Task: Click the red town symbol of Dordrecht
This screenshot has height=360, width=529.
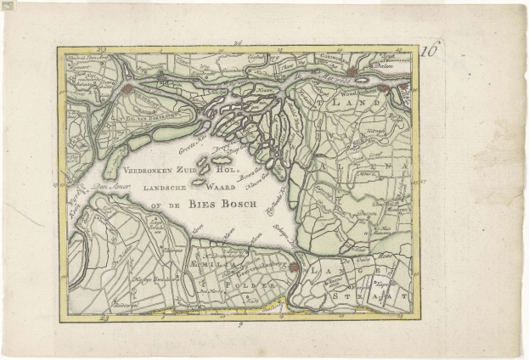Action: pos(127,87)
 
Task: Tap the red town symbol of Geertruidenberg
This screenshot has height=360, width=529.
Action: pos(294,267)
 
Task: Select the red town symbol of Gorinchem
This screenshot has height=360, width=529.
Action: pos(352,72)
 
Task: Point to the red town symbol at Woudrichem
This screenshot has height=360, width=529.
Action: pos(384,87)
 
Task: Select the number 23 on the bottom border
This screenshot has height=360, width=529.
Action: pos(104,319)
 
